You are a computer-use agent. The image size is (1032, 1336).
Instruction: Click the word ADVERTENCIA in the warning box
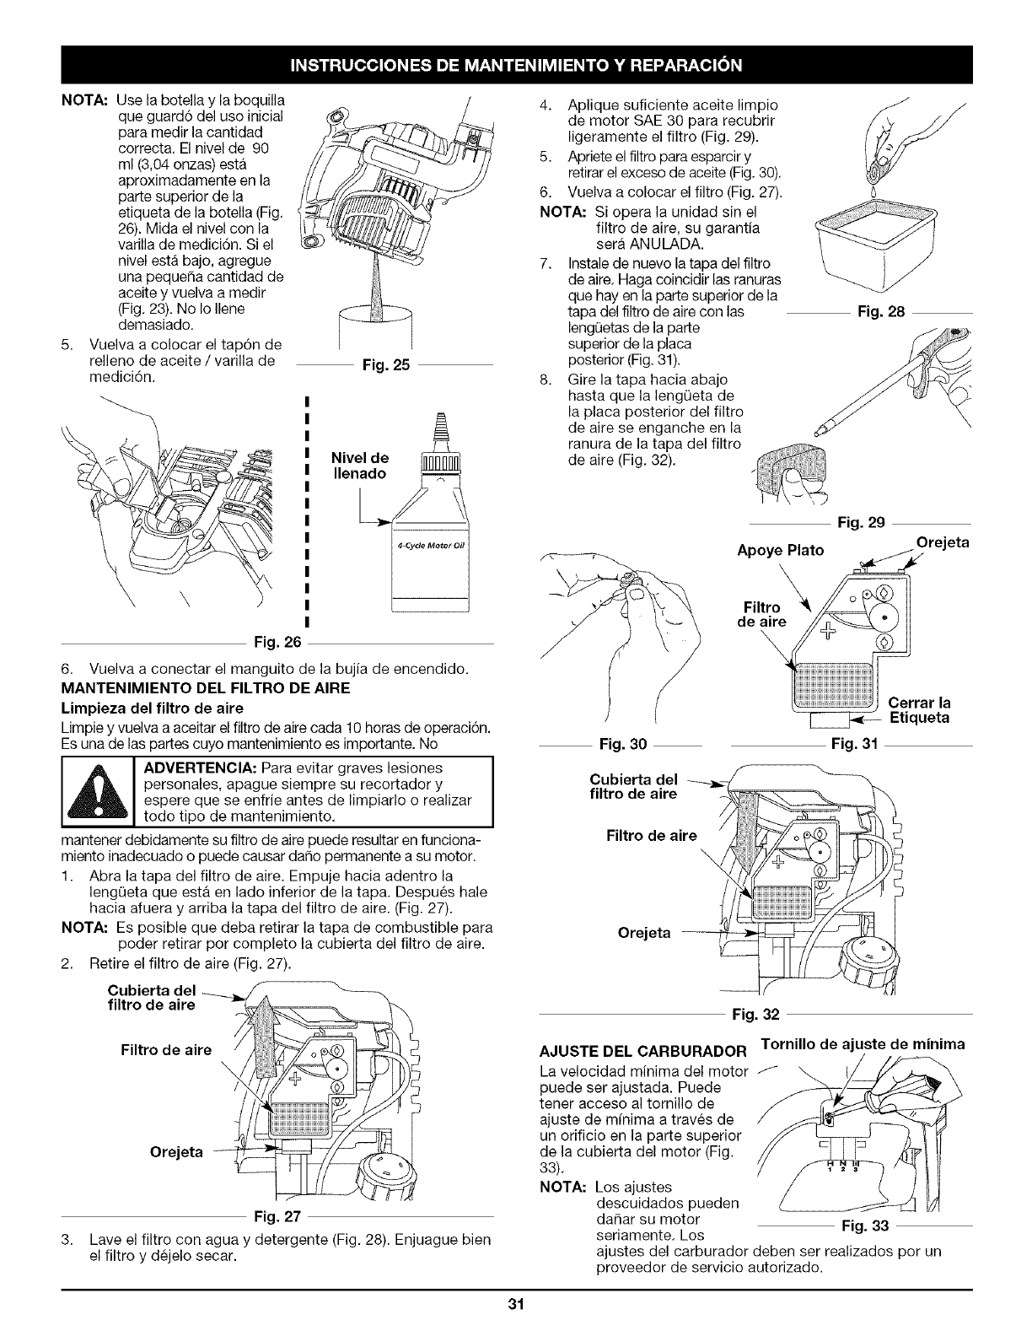point(200,768)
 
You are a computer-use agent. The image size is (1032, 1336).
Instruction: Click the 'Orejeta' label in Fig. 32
point(645,933)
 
